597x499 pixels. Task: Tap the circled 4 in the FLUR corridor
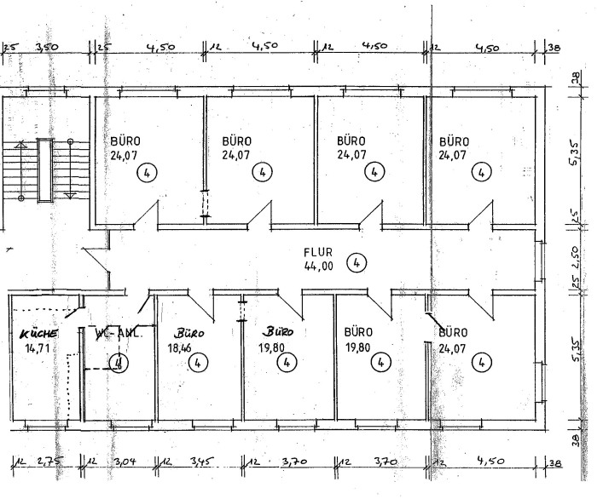click(x=356, y=261)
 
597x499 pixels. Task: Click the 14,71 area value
click(x=37, y=349)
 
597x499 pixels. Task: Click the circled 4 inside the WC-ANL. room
click(x=120, y=363)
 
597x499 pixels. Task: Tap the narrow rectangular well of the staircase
click(x=44, y=170)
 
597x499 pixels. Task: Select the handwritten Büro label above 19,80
click(x=277, y=332)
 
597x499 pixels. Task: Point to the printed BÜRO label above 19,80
click(x=359, y=332)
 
